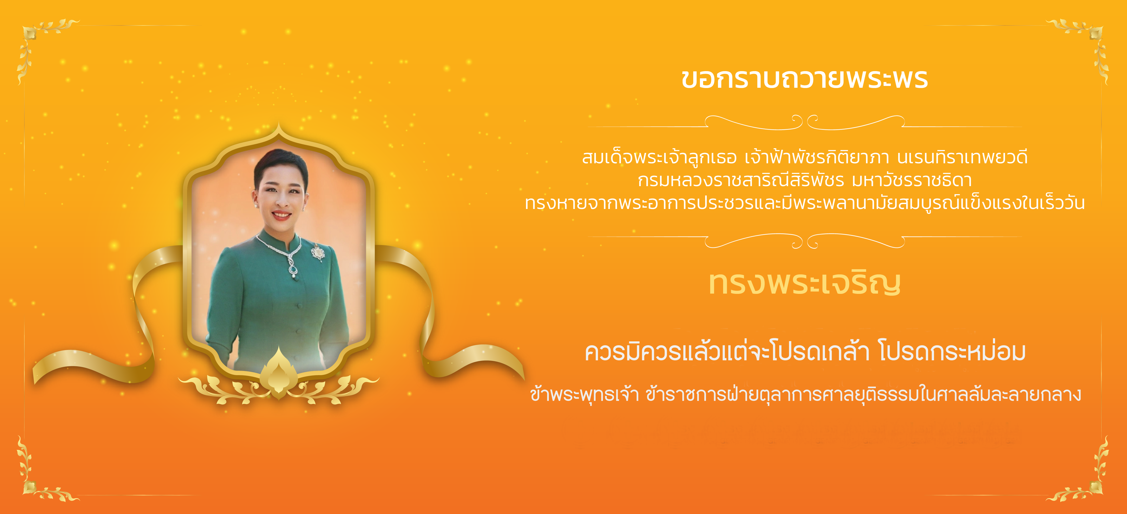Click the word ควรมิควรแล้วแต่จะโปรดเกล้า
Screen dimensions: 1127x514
[727, 352]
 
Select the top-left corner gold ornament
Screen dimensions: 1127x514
[42, 44]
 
